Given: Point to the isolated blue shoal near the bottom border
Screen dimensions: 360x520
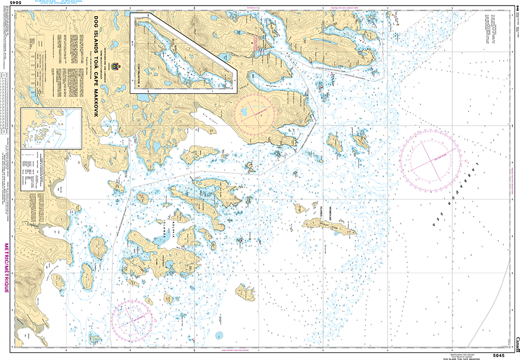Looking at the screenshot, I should click(x=219, y=335).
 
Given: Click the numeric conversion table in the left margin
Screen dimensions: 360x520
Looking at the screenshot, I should click(x=6, y=95).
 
